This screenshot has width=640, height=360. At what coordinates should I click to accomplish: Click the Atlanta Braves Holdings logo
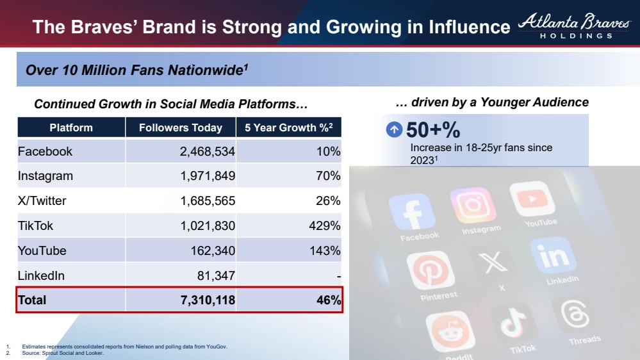click(x=574, y=26)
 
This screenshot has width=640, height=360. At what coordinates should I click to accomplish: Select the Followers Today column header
click(x=180, y=127)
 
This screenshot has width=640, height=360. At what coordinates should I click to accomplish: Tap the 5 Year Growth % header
click(x=288, y=127)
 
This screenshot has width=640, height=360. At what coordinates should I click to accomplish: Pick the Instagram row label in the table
click(x=45, y=176)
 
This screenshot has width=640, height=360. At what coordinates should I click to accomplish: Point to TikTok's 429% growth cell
click(x=325, y=225)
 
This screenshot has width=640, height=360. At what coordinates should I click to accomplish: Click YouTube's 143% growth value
click(x=325, y=250)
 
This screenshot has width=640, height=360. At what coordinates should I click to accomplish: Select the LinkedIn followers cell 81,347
click(x=216, y=275)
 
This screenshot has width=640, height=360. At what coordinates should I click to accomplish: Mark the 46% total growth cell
click(x=328, y=300)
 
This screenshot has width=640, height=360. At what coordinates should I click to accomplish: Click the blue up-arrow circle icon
click(x=394, y=130)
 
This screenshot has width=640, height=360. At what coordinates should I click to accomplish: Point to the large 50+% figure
click(x=433, y=130)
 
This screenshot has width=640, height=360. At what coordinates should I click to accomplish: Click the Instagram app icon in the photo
click(x=473, y=206)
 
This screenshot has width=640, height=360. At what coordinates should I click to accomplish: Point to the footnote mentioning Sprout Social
click(x=62, y=353)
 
